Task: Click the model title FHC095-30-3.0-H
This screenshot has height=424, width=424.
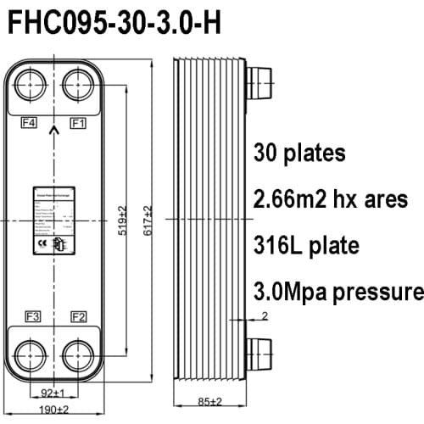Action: point(114,24)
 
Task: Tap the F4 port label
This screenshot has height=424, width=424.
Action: point(29,123)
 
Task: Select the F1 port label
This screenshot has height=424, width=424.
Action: point(79,123)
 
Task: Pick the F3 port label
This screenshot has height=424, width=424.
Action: point(31,317)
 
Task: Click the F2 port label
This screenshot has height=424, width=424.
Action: point(78,317)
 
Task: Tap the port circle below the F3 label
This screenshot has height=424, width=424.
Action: point(31,354)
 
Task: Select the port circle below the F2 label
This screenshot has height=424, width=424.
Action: point(78,354)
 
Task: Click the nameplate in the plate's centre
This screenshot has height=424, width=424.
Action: point(54,220)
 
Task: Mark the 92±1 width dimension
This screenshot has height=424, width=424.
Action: point(53,392)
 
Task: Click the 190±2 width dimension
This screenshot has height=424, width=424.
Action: point(53,410)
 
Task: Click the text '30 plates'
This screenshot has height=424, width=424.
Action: point(299,153)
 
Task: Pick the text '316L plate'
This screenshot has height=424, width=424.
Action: point(306,246)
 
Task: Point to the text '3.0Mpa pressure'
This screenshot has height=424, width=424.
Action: point(338,293)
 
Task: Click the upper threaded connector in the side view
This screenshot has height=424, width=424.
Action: point(258,85)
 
